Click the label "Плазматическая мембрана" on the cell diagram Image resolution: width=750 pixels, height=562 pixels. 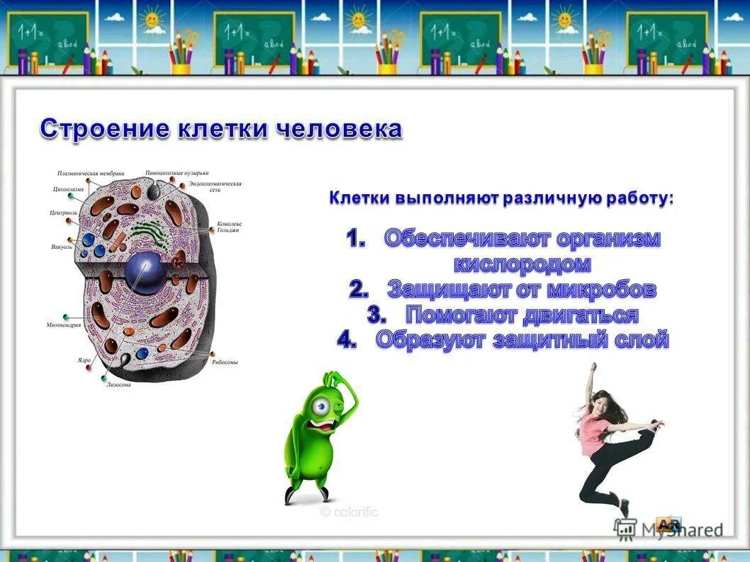pos(91,174)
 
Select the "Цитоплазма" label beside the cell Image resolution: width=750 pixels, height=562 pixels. pos(68,189)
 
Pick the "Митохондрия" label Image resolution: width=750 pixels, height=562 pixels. pos(64,325)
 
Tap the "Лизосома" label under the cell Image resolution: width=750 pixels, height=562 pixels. pos(118,385)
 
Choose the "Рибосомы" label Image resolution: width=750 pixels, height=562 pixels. pos(225,361)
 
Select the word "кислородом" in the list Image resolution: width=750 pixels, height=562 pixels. pos(522,264)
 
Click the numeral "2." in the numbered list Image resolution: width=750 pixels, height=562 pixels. pos(359,290)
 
